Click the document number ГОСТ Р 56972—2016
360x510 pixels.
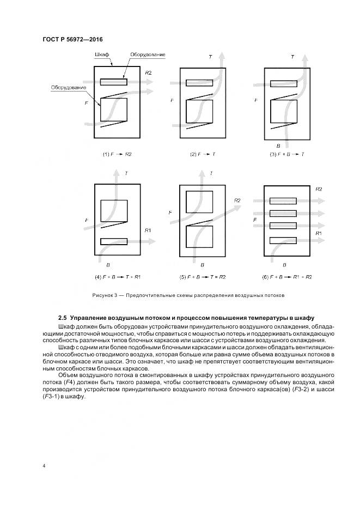(x=72, y=40)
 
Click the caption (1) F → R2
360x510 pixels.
(x=117, y=154)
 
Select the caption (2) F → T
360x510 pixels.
(x=203, y=154)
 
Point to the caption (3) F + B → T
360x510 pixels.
(x=287, y=154)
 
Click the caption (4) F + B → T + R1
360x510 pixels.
(x=118, y=277)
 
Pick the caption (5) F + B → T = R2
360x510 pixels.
(x=203, y=277)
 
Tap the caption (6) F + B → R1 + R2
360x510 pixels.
(x=287, y=277)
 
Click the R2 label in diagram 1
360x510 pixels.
(x=148, y=72)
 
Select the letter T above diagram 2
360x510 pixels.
(x=210, y=57)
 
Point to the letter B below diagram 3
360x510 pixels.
(x=278, y=146)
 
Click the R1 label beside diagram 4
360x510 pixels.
(x=148, y=230)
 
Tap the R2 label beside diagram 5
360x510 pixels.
(x=237, y=201)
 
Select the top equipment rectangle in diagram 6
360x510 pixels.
(x=283, y=201)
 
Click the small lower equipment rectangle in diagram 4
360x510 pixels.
(x=114, y=241)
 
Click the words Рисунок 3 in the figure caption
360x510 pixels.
(x=106, y=295)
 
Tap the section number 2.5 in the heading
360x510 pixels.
(x=62, y=318)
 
